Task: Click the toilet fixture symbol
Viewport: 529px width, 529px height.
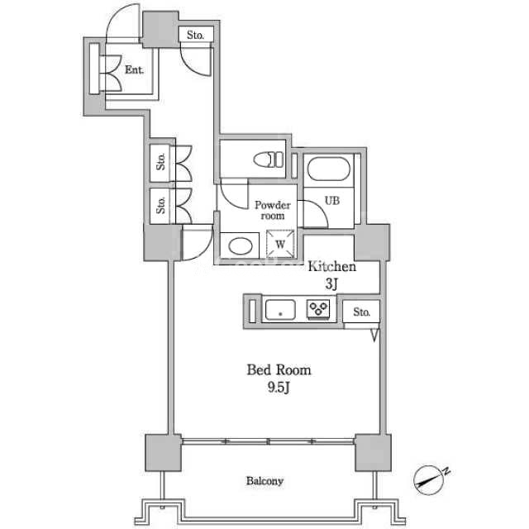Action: tap(269, 160)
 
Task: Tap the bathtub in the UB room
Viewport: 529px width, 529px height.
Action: tap(328, 169)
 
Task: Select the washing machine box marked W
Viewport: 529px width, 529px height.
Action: tap(280, 244)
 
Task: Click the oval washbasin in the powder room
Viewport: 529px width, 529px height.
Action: tap(241, 246)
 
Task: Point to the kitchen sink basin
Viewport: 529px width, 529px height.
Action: tap(280, 310)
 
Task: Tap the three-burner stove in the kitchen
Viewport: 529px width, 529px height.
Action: tap(318, 309)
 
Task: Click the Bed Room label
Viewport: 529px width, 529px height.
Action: tap(279, 370)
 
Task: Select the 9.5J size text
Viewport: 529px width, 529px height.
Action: tap(279, 388)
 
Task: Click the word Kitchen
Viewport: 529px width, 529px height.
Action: tap(332, 266)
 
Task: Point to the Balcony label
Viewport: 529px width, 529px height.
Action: tap(264, 481)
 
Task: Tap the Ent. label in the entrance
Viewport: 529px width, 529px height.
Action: tap(134, 69)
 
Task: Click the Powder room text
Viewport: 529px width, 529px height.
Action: tap(273, 210)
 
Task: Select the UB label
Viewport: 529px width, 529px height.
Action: tap(332, 201)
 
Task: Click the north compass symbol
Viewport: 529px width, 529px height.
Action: tap(429, 480)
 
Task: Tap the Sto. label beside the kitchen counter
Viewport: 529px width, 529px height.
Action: tap(362, 312)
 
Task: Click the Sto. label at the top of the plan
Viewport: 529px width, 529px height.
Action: tap(195, 35)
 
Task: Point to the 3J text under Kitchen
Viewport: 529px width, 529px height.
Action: tap(331, 284)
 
